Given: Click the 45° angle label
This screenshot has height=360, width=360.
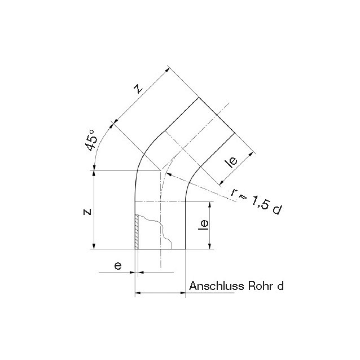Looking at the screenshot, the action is pos(91,141).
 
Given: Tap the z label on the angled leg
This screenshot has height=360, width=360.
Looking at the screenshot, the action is pos(138,89).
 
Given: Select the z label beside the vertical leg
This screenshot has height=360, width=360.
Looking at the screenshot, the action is pos(87,212).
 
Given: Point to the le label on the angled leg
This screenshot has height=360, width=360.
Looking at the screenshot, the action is pos(232,162).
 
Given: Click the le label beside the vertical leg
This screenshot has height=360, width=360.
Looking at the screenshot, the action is pos(204,225).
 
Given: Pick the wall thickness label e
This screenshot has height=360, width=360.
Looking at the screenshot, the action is pos(118,266).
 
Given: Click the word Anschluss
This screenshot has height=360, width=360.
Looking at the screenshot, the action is pos(217,286).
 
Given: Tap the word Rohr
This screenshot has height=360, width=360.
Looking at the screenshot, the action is pos(262,286).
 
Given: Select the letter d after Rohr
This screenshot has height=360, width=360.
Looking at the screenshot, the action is pos(280,286).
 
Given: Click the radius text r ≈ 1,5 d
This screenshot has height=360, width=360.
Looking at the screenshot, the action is pos(256,200).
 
